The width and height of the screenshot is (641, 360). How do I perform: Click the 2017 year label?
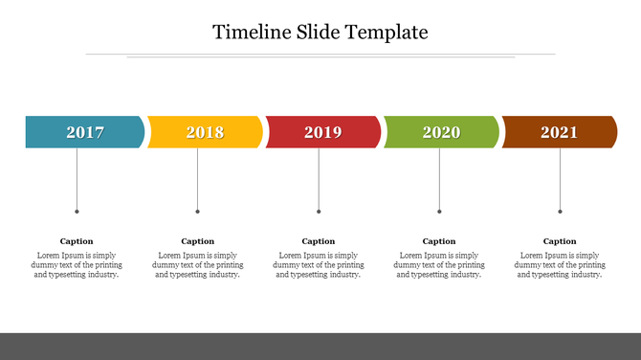85,132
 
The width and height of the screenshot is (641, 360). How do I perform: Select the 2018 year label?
205,132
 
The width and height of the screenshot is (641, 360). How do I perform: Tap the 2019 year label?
322,132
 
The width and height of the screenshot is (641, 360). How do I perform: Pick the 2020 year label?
441,132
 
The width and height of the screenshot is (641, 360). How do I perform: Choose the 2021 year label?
559,132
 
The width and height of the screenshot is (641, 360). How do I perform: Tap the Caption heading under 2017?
77,241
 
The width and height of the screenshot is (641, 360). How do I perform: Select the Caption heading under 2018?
198,241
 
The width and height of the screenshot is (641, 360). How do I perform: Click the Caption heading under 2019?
319,241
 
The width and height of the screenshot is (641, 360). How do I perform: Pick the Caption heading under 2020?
439,241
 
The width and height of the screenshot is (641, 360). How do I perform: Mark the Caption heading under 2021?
560,241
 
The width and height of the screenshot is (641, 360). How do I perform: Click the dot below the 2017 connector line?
77,212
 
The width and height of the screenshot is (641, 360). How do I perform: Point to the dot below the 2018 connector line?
198,212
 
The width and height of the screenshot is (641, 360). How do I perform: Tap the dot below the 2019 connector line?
319,212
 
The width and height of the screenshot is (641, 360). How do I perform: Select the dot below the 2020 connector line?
439,212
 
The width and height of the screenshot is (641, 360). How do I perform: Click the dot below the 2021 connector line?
560,212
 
